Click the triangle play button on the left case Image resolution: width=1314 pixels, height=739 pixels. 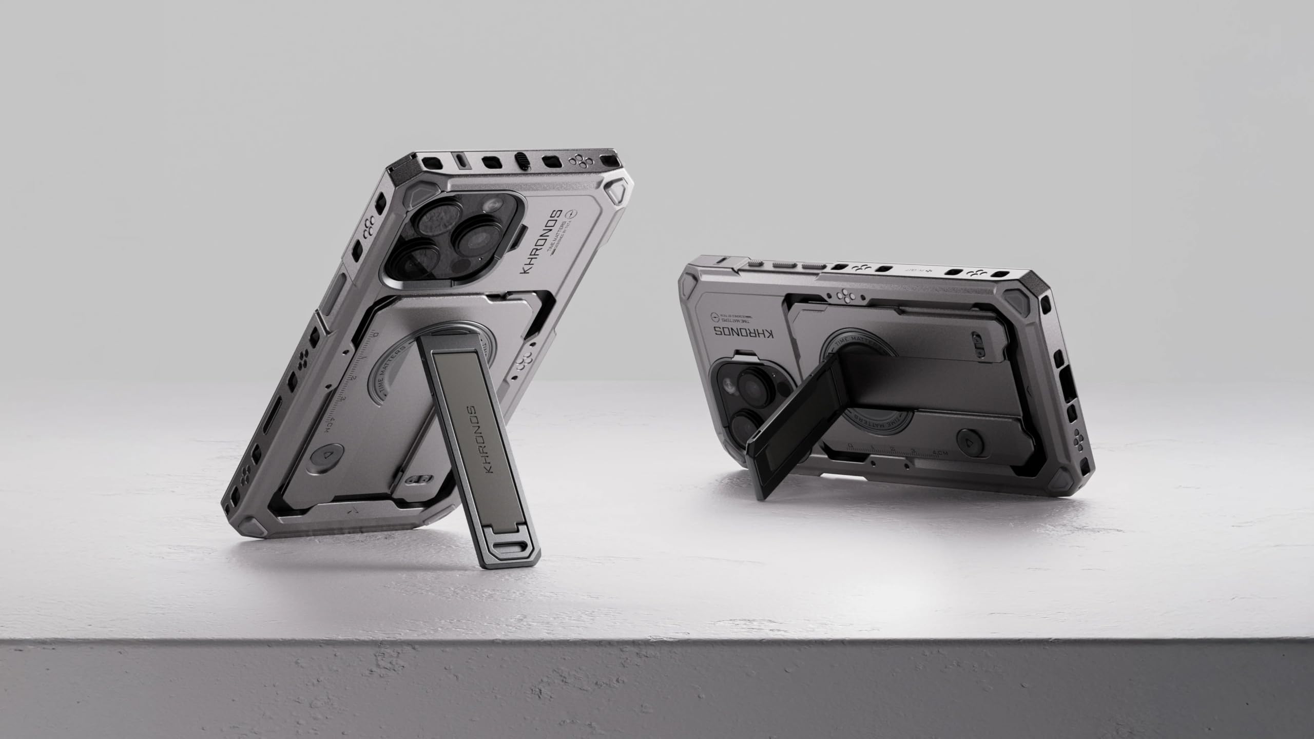point(325,455)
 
